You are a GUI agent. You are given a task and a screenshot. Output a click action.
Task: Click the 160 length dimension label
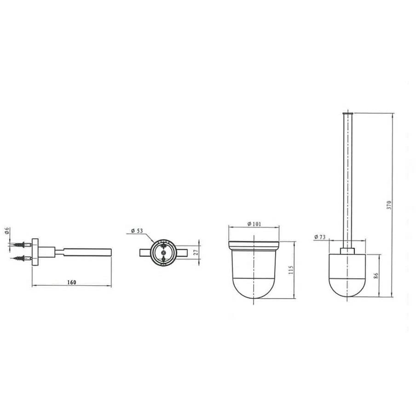point(72,282)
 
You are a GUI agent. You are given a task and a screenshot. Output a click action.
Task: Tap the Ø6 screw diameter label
point(7,231)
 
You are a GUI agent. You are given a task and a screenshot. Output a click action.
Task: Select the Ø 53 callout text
point(137,231)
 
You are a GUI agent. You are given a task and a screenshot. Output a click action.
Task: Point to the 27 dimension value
point(196,252)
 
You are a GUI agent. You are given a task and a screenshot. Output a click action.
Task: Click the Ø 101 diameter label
point(254,224)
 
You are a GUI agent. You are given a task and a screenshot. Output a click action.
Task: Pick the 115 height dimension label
point(291,270)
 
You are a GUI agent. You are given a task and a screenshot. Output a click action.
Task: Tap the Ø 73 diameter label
point(320,237)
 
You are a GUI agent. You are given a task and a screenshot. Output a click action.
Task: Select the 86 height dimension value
point(376,275)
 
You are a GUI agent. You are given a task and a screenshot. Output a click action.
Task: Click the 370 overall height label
point(389,205)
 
